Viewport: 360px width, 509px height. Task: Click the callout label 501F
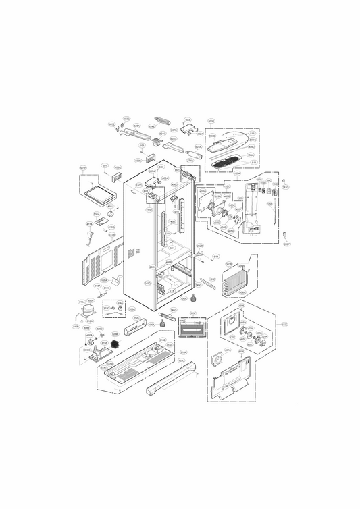84,167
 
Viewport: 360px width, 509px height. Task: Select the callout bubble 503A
118,167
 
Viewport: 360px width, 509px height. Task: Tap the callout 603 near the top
187,120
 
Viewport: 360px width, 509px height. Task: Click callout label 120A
237,173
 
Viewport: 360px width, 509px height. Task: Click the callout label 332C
284,325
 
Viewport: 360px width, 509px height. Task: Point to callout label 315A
183,352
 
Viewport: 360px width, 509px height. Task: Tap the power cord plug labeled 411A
89,237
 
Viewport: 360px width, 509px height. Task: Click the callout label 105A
104,279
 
